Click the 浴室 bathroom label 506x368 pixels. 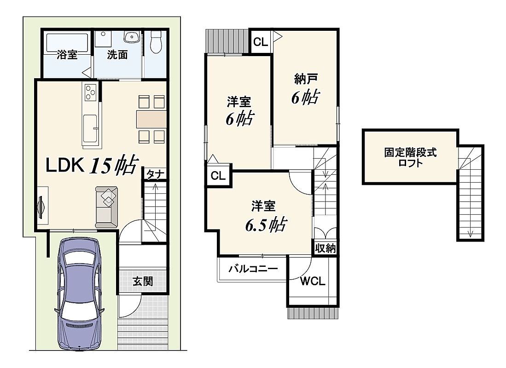coord(67,54)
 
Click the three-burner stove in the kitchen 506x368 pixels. coord(90,92)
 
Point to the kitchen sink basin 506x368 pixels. coord(90,129)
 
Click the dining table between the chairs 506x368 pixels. coord(151,119)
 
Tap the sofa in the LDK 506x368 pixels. coord(106,207)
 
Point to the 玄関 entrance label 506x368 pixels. coord(143,281)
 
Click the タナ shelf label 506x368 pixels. coord(155,174)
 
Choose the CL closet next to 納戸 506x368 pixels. coord(261,41)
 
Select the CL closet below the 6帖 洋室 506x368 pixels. coord(218,175)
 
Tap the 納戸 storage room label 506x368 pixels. coord(306,78)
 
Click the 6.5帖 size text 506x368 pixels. coord(266,224)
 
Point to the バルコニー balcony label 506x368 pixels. coord(253,268)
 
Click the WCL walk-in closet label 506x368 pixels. coord(312,281)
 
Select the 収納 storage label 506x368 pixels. coord(325,248)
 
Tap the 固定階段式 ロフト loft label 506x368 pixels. coord(410,157)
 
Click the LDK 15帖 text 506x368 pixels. coord(92,165)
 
